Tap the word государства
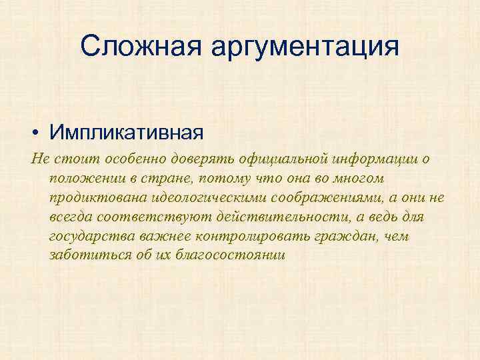(91, 237)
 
